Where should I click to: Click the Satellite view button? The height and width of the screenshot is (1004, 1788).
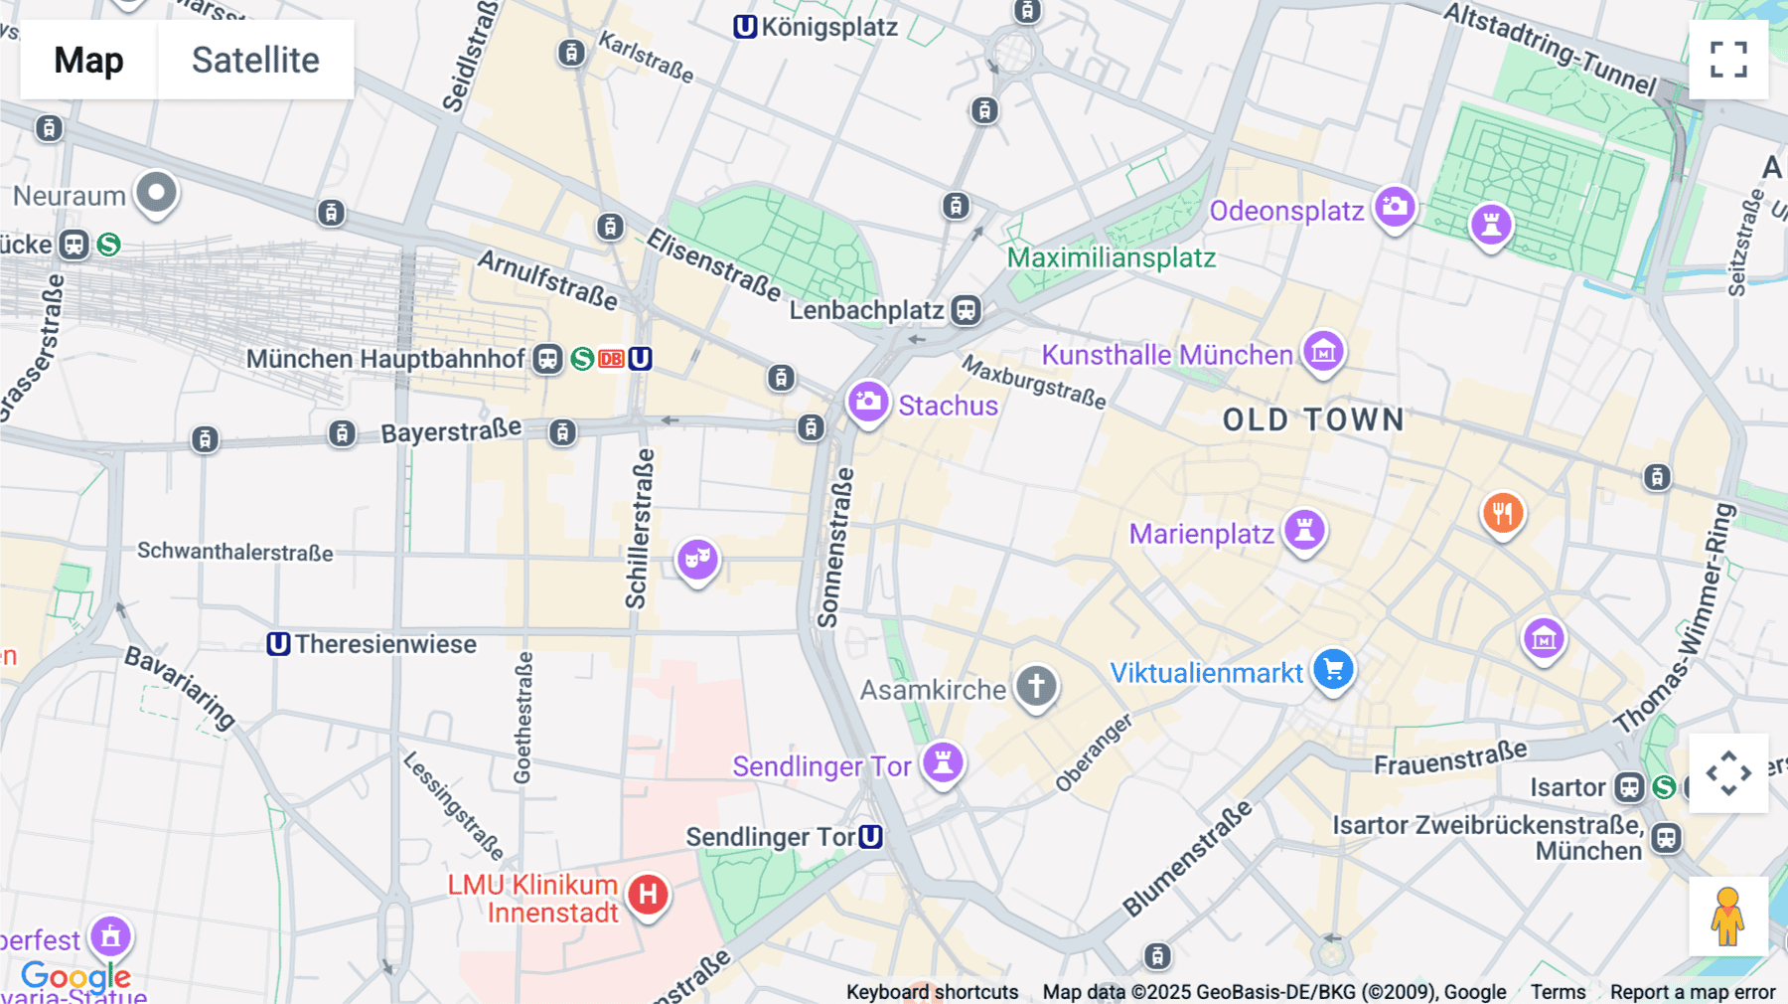(x=255, y=60)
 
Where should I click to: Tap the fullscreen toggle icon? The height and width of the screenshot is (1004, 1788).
(x=1728, y=60)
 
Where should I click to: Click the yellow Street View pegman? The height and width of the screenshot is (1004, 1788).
(x=1727, y=917)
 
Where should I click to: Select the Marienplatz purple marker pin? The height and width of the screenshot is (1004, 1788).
(x=1304, y=529)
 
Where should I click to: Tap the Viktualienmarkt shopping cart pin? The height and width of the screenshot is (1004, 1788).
(x=1333, y=669)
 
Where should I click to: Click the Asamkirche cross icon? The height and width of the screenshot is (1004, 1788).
(x=1036, y=686)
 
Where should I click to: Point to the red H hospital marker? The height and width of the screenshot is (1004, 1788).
(x=648, y=894)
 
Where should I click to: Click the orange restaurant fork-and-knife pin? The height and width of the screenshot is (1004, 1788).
(x=1502, y=513)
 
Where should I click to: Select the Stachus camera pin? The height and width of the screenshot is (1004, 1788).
(x=868, y=402)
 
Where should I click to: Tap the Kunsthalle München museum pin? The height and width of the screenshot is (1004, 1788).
(x=1323, y=351)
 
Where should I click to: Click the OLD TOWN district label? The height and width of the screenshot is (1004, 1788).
(x=1313, y=419)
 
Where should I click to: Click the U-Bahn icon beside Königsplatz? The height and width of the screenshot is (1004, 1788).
(x=745, y=27)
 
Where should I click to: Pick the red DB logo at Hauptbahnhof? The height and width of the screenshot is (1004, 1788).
(x=611, y=359)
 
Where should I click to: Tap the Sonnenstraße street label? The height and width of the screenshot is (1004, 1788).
(x=835, y=547)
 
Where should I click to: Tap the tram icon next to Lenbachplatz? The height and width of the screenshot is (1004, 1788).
(x=966, y=310)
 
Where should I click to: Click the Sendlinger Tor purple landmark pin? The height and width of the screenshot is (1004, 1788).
(x=943, y=762)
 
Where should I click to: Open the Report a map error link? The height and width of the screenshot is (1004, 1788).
(x=1692, y=991)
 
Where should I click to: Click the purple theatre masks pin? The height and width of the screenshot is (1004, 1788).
(x=697, y=559)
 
